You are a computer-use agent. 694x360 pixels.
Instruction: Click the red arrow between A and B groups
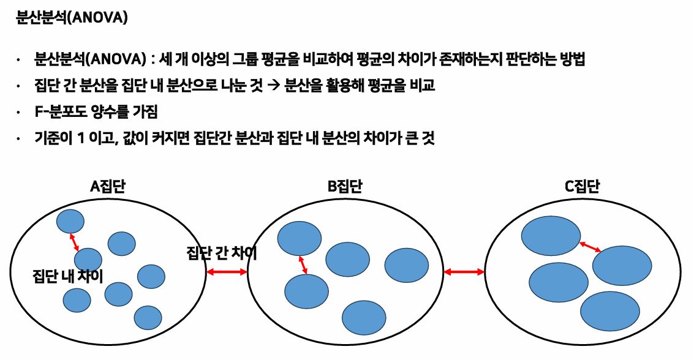pos(226,272)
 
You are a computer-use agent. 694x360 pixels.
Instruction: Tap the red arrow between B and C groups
pos(464,271)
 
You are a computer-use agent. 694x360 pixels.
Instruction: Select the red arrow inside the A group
pos(75,242)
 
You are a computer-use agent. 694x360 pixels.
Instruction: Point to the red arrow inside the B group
pos(303,264)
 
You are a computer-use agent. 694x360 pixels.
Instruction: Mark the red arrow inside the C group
pos(590,246)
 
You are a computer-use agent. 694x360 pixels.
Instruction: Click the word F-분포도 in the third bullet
pos(61,113)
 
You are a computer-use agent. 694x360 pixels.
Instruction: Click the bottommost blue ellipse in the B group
pos(364,317)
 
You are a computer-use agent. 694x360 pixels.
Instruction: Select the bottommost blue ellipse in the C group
pos(609,310)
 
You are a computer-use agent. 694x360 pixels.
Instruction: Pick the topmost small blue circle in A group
pos(70,220)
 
